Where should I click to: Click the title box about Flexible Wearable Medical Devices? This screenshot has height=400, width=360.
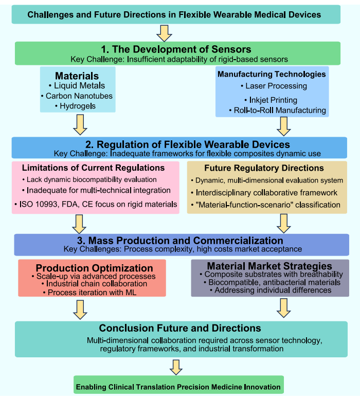click(174, 14)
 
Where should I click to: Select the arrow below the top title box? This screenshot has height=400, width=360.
click(164, 32)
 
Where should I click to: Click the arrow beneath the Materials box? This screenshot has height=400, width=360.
click(80, 124)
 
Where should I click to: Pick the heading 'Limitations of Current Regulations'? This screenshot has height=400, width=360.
click(93, 168)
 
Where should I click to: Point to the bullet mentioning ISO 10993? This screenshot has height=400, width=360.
click(96, 205)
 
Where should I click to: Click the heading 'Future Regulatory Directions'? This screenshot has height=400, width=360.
click(264, 168)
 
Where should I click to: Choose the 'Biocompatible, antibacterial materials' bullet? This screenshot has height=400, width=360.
click(271, 282)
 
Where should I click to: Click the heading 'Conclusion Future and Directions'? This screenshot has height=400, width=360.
click(180, 328)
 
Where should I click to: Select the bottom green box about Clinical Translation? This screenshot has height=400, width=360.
click(178, 386)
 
